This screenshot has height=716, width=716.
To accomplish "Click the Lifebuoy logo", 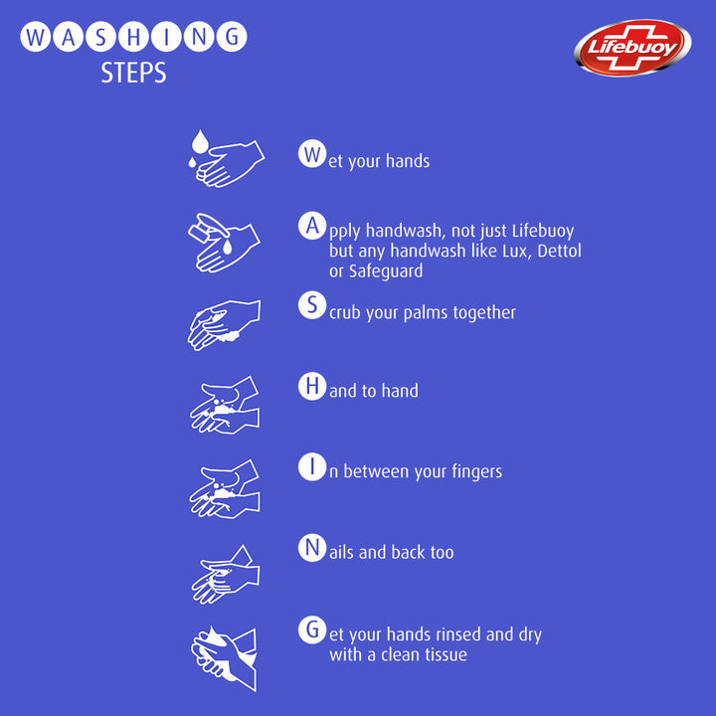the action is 632,48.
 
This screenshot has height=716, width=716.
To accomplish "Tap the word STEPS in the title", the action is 133,73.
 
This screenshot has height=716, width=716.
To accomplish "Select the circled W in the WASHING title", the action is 35,37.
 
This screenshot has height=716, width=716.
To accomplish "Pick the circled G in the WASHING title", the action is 232,37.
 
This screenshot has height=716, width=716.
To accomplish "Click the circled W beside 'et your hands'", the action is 312,154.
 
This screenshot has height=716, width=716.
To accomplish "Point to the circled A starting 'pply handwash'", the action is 312,226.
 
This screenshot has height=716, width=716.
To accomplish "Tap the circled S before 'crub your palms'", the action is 312,305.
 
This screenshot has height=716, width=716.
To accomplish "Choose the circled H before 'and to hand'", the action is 312,386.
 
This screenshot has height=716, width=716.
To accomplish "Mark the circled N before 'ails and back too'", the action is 312,548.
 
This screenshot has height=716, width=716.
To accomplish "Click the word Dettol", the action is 559,251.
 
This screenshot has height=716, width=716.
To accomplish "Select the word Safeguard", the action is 386,271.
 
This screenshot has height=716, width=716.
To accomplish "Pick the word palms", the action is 426,313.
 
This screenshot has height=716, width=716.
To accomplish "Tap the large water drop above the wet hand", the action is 199,141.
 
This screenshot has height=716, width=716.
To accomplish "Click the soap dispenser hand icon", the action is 224,243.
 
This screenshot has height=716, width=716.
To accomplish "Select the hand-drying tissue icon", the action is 224,658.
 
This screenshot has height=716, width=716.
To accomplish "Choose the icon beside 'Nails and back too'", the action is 226,575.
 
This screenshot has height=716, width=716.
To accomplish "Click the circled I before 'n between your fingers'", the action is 312,466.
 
